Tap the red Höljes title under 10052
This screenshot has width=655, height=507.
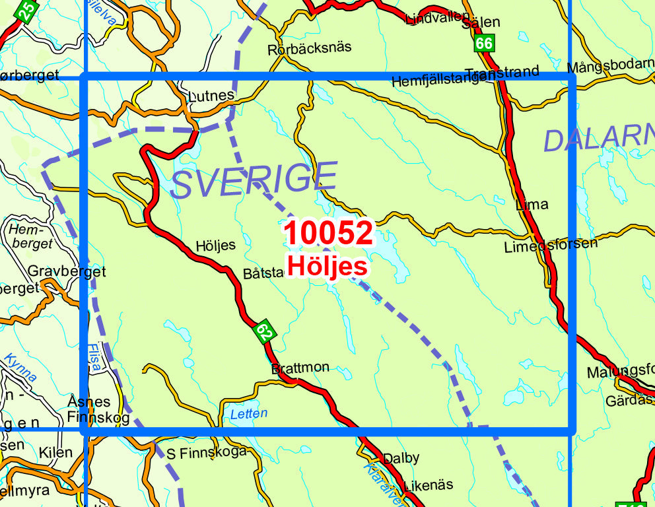click(327, 266)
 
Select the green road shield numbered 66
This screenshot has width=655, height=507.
click(483, 43)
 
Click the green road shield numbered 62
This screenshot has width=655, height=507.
click(265, 331)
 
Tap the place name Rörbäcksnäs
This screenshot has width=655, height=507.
click(309, 48)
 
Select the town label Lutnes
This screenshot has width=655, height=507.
click(211, 95)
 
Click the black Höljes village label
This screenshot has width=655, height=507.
click(215, 246)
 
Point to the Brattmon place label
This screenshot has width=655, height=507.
click(300, 368)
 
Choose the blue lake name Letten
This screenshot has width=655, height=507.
click(249, 414)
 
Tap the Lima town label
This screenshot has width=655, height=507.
click(532, 205)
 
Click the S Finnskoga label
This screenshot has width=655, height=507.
click(206, 452)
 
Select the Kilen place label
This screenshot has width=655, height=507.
click(55, 453)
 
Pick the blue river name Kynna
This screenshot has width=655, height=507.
click(20, 368)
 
